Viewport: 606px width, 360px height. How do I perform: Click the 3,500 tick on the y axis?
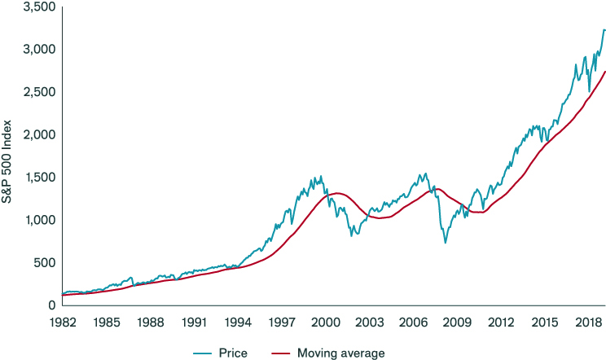point(39,7)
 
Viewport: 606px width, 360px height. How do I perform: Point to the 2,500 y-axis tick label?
point(39,92)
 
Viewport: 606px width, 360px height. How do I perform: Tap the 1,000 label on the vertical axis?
point(39,220)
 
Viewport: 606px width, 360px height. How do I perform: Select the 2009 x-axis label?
point(455,323)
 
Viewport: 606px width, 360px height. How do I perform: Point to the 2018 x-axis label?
point(585,323)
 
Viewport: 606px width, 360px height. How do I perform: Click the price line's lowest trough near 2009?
point(445,243)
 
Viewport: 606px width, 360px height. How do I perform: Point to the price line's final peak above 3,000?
point(604,30)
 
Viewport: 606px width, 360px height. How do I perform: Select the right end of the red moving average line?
point(605,72)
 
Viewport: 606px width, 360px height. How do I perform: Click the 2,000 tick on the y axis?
point(39,134)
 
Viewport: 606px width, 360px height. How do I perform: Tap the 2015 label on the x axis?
point(542,323)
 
